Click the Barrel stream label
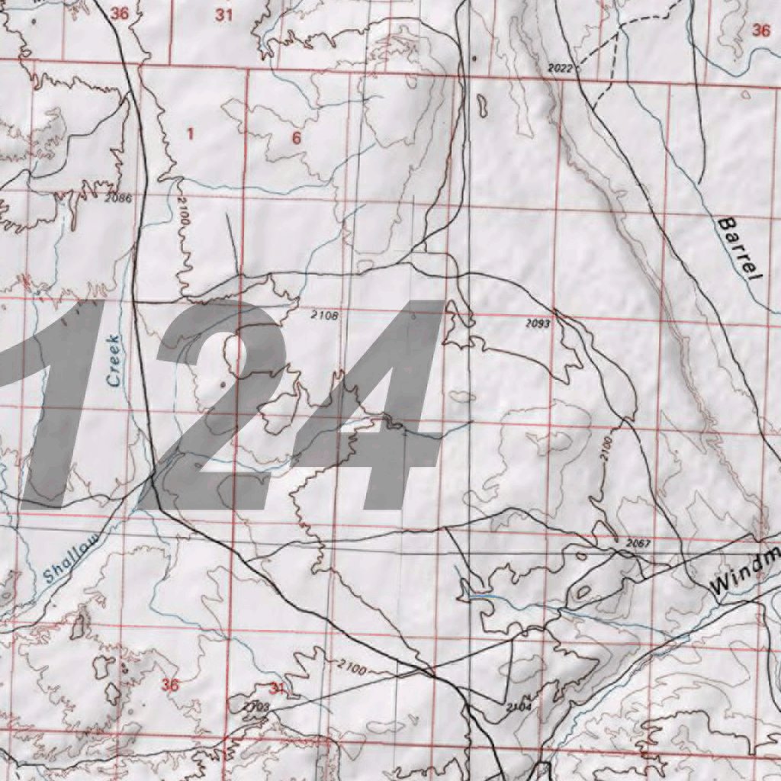click(x=738, y=249)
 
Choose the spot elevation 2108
click(x=324, y=313)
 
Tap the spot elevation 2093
click(x=538, y=323)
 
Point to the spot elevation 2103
click(x=256, y=707)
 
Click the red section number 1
click(x=190, y=134)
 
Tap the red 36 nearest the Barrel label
click(x=760, y=31)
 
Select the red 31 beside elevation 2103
click(x=276, y=689)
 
